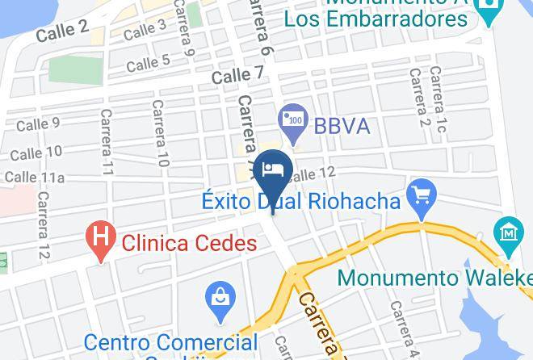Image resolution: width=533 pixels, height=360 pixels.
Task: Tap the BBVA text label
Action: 342,126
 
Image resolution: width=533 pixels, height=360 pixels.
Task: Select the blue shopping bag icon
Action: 220,295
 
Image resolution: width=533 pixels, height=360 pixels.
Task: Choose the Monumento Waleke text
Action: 434,278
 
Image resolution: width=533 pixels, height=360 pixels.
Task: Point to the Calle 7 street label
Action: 237,76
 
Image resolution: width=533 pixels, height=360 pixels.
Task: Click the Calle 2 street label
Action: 61,31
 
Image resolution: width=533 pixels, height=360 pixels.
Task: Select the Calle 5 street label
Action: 148,61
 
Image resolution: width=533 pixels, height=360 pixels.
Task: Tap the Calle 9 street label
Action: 38,124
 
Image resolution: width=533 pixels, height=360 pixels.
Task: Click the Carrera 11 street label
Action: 106,142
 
